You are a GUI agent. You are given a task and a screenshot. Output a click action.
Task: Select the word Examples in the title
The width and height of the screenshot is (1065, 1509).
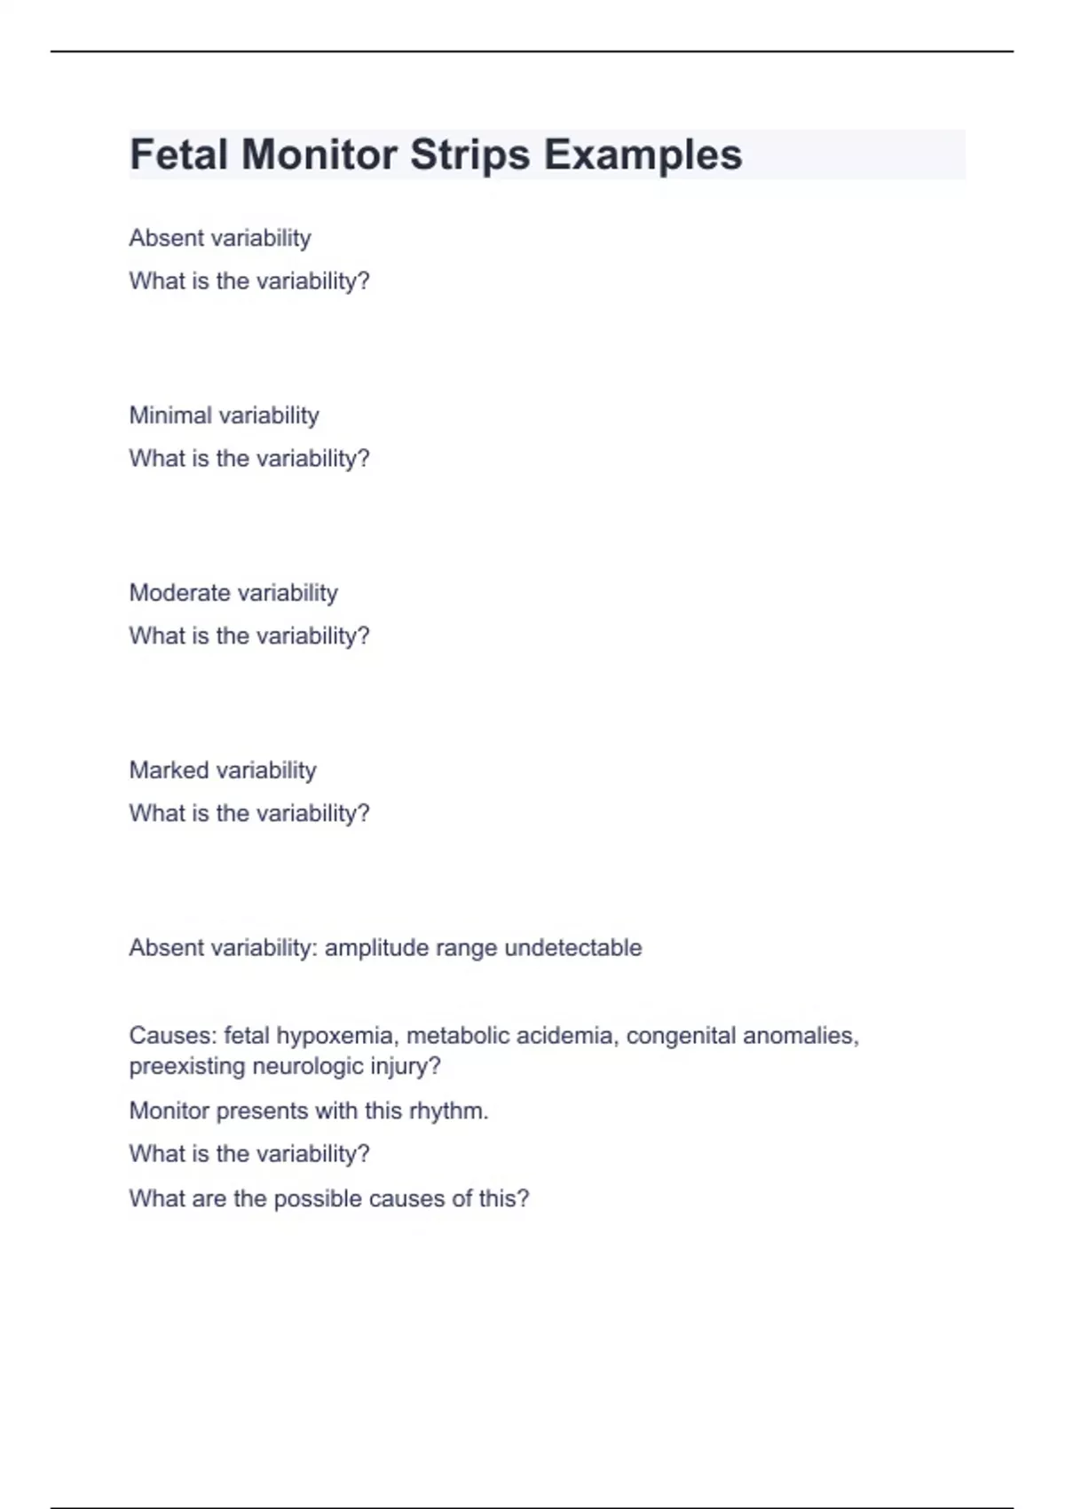(x=643, y=154)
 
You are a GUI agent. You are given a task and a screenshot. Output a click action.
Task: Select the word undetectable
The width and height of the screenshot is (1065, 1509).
(x=572, y=948)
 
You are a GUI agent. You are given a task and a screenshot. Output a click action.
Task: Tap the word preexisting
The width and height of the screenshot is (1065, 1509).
(x=187, y=1066)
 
